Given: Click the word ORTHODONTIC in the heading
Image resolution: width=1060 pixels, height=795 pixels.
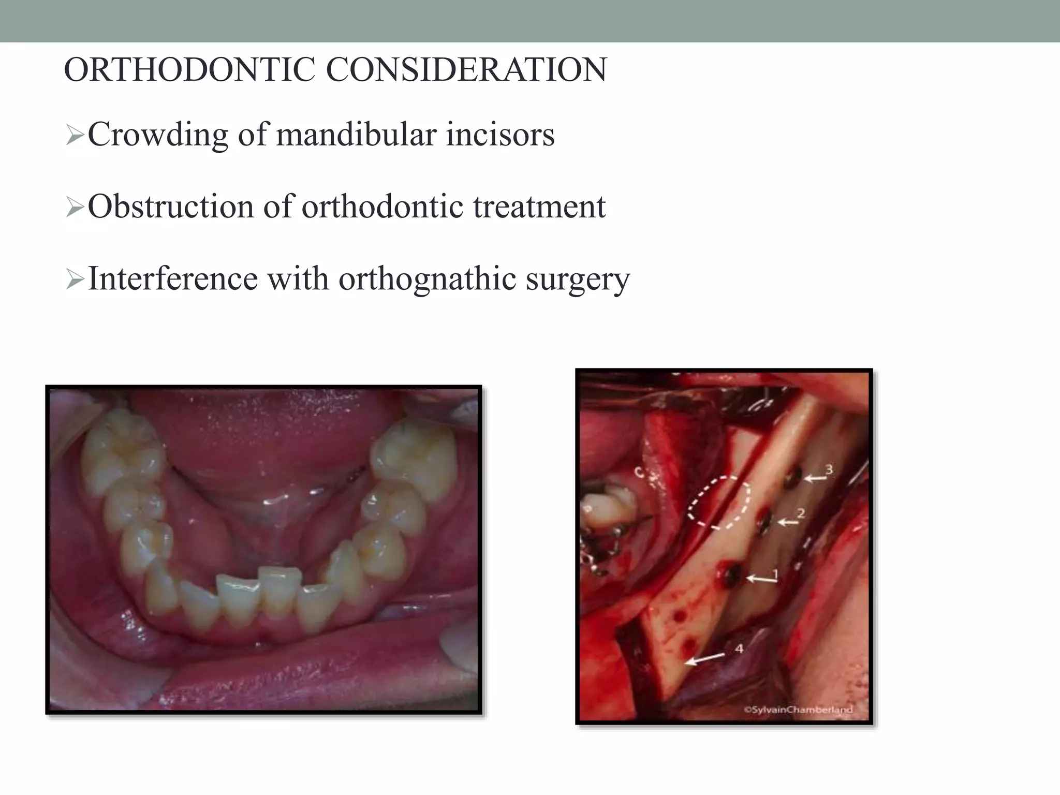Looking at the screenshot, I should click(189, 70).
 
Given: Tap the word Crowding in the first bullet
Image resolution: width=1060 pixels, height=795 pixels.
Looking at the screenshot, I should click(157, 135).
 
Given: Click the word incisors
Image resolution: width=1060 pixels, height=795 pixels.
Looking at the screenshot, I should click(500, 135).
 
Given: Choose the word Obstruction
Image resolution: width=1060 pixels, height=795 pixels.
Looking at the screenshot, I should click(170, 207).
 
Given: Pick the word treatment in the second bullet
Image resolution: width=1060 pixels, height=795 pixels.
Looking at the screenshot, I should click(539, 207).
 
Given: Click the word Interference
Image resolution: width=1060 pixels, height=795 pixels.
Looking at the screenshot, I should click(172, 278).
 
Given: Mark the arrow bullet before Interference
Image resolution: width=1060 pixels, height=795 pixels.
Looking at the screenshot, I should click(75, 281).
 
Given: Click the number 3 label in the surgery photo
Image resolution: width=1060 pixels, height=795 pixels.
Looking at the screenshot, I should click(829, 469).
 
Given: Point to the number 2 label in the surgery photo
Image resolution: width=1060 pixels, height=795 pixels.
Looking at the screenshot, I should click(801, 513).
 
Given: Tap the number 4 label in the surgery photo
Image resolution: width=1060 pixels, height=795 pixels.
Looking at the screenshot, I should click(739, 648).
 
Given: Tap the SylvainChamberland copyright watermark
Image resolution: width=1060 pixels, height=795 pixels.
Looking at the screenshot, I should click(798, 710).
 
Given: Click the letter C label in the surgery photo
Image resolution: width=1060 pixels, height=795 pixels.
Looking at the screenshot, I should click(640, 472).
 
